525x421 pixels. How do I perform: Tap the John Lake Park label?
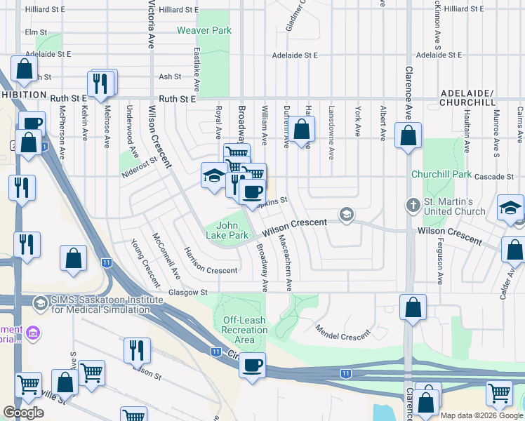[x=232, y=230]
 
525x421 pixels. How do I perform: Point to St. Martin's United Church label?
[x=455, y=207]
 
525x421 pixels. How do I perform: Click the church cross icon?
[x=414, y=206]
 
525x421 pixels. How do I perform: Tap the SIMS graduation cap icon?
[x=40, y=302]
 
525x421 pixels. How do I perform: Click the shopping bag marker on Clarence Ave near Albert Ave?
[x=408, y=135]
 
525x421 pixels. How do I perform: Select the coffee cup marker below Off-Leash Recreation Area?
[x=252, y=365]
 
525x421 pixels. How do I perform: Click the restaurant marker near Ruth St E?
[x=102, y=83]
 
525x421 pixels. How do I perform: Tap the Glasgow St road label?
[x=188, y=292]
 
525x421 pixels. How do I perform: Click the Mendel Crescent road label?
[x=342, y=333]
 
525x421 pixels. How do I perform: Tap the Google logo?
[x=23, y=413]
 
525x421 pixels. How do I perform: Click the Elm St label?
[x=35, y=32]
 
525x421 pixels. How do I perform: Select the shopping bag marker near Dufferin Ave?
[x=302, y=131]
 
